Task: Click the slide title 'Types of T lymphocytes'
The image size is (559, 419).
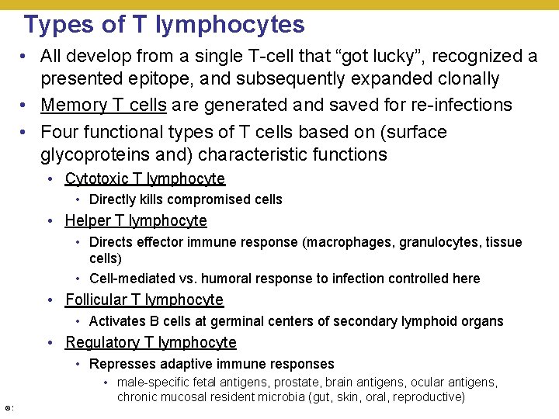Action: coord(164,25)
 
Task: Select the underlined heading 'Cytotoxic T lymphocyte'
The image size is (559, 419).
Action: coord(144,178)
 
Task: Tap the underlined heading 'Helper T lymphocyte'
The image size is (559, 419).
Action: coord(136,221)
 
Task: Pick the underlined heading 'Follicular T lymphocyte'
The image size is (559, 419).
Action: coord(144,300)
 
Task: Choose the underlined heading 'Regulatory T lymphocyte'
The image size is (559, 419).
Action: coord(151,343)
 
